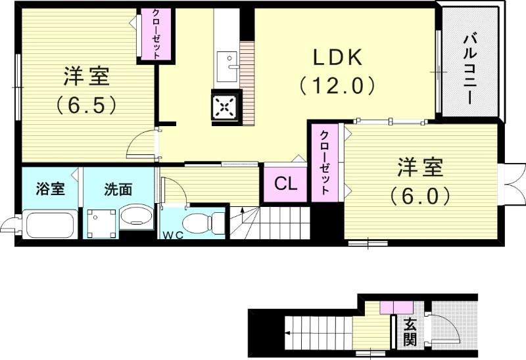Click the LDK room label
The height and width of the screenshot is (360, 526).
coord(337,58)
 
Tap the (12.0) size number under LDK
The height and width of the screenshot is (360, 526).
coord(337,85)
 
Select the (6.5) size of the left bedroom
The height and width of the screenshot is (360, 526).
coord(86,104)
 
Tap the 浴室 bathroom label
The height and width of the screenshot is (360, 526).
coord(49,190)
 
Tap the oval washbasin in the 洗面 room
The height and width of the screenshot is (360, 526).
coord(136,217)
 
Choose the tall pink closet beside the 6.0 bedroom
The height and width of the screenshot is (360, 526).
coord(325,161)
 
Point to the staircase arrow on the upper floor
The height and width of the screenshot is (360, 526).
coord(242,214)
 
